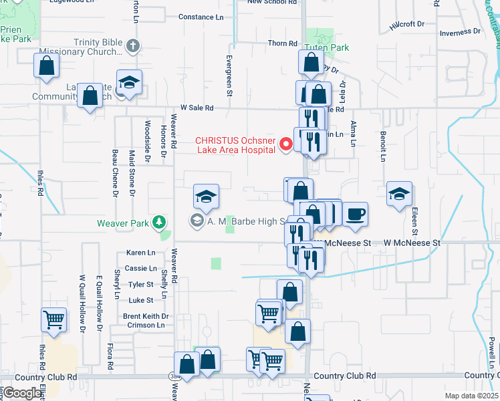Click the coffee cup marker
(x=355, y=214)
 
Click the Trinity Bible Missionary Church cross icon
(x=133, y=46)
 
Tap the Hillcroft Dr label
(x=407, y=24)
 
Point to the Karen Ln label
(x=140, y=253)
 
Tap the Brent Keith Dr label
(x=146, y=316)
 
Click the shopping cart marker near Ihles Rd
(x=53, y=319)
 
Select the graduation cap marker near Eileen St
(x=399, y=194)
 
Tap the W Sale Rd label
(x=197, y=108)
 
